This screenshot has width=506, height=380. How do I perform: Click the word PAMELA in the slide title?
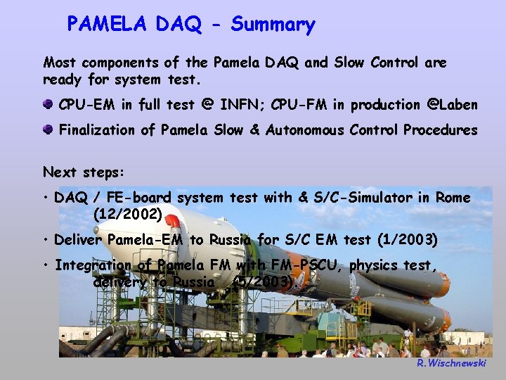108,25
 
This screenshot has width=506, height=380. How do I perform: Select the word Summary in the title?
273,25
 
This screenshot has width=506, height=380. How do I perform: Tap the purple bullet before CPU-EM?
48,105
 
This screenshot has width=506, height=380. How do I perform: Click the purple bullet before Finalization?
48,130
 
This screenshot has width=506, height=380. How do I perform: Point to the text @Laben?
450,105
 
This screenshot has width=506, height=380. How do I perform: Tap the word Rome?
453,198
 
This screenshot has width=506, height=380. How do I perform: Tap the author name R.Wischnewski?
450,363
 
